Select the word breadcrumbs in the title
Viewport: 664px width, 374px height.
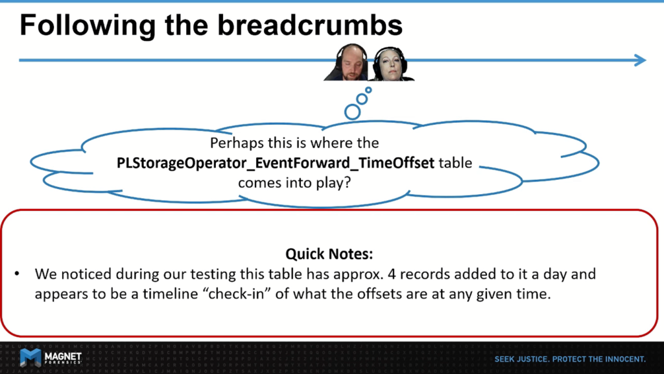(310, 25)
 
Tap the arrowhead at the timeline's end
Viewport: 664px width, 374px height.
(640, 60)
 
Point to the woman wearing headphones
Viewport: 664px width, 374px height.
(390, 64)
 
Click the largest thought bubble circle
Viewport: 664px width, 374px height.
(352, 112)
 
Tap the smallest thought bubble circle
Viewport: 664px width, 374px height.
(368, 90)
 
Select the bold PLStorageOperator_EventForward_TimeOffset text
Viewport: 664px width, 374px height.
(275, 163)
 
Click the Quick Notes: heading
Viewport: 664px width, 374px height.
(329, 254)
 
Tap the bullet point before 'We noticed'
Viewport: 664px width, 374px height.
(17, 274)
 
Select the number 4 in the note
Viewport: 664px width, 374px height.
(392, 274)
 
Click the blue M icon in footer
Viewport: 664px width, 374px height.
(30, 358)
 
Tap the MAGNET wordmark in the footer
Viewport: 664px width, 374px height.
(63, 356)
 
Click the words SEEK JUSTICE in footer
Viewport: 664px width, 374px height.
(522, 359)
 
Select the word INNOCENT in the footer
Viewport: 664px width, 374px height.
(625, 359)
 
